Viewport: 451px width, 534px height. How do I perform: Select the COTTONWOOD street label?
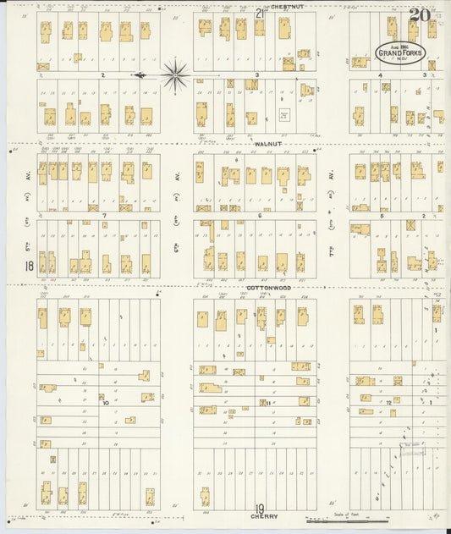point(269,288)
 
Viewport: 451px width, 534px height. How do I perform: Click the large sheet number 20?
point(419,14)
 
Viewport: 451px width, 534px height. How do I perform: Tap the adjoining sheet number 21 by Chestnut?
point(260,12)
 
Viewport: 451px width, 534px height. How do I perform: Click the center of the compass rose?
point(174,75)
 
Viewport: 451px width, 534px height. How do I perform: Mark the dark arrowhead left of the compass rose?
point(138,75)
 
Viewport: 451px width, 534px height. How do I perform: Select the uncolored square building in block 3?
point(285,114)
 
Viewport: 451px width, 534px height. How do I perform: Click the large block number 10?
point(106,403)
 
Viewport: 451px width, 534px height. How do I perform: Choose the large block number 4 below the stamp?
point(381,75)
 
